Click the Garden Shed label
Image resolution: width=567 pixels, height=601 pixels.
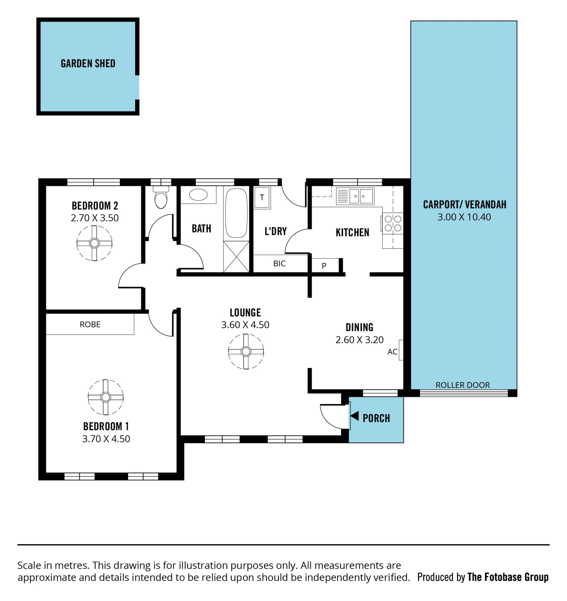88,64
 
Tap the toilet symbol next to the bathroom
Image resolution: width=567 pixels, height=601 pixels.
161,197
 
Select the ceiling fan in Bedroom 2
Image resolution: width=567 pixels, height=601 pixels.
94,243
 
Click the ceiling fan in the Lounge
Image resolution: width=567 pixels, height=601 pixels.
246,351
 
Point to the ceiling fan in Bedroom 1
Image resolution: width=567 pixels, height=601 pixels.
105,397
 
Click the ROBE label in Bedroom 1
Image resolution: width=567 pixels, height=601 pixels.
90,324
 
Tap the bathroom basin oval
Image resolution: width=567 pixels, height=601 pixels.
198,195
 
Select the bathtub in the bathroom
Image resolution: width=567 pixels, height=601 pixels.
236,213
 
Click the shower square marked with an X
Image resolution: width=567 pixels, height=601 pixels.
236,257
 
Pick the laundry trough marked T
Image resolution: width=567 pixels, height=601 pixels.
262,197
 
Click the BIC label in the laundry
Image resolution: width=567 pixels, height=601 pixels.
279,264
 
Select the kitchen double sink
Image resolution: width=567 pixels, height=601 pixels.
355,196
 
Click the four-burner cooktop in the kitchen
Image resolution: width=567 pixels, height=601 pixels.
392,223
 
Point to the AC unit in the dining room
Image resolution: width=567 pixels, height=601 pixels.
401,350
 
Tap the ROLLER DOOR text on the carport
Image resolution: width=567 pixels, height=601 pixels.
462,385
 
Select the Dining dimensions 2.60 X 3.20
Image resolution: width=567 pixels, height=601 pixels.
359,340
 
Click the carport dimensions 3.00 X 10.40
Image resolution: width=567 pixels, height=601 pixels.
464,217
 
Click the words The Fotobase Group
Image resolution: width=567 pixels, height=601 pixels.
508,577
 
